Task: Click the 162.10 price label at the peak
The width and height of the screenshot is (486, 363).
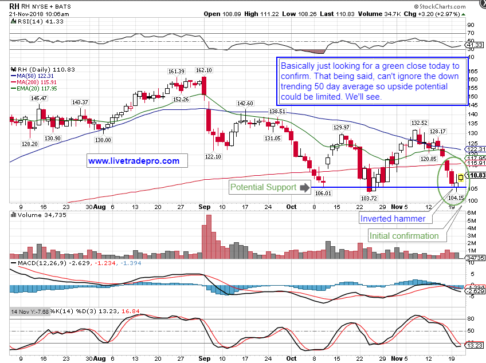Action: (x=204, y=70)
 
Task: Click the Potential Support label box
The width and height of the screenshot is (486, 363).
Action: (x=262, y=187)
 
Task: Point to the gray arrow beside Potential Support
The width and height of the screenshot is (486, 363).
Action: (x=304, y=187)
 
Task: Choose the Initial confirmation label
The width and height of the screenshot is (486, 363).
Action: (x=404, y=235)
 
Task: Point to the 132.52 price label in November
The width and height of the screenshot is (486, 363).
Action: (x=419, y=123)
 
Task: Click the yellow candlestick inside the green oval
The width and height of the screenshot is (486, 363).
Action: (x=461, y=178)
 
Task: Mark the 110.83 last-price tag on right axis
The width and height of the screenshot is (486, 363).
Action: (x=477, y=175)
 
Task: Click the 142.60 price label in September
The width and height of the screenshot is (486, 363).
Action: (x=245, y=104)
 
